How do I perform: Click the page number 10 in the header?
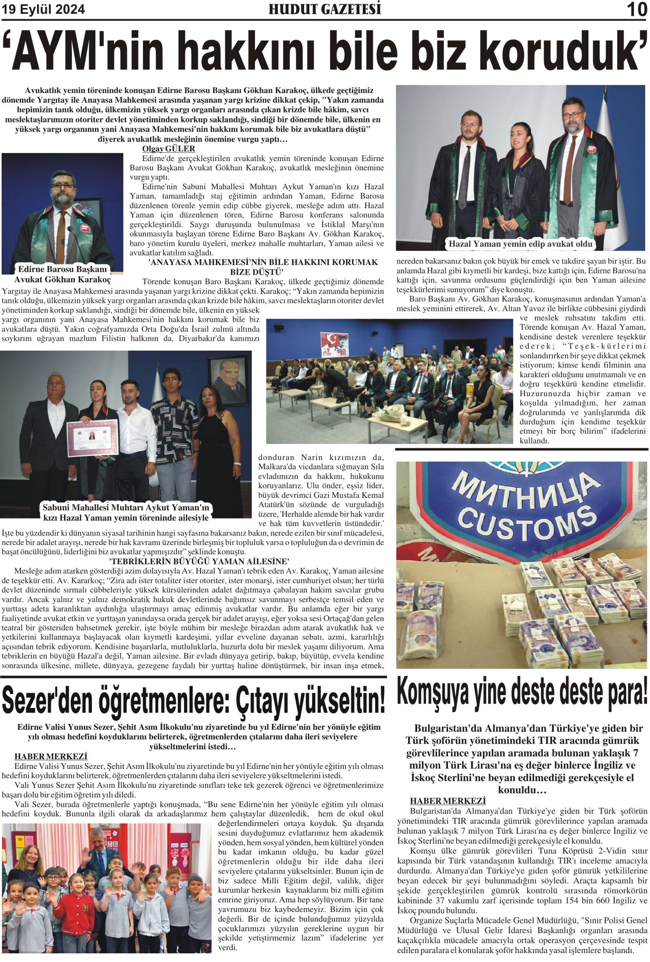[x=636, y=9]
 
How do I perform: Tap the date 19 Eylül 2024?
[x=43, y=9]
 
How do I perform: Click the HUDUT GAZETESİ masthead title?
[x=324, y=9]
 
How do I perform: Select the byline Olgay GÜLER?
[x=168, y=148]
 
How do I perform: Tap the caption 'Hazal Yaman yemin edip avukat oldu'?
[x=520, y=244]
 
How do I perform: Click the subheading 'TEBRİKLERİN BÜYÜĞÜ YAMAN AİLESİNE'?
[x=199, y=561]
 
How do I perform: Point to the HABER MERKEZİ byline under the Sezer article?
[x=50, y=756]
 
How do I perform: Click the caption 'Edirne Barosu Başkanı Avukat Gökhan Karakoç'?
[x=62, y=274]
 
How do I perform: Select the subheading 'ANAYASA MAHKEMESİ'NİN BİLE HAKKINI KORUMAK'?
[x=263, y=262]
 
